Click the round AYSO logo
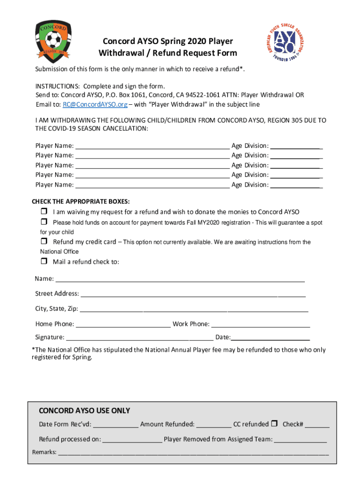(x=284, y=44)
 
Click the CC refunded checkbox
(x=275, y=424)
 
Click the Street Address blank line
(x=193, y=294)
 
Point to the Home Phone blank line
(x=123, y=324)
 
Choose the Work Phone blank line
(x=260, y=324)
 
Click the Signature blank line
(x=139, y=337)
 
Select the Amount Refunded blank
(x=214, y=425)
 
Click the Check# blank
(x=317, y=425)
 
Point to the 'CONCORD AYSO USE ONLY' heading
(x=84, y=411)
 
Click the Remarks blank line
(x=193, y=453)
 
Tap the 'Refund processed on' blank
(x=132, y=440)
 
